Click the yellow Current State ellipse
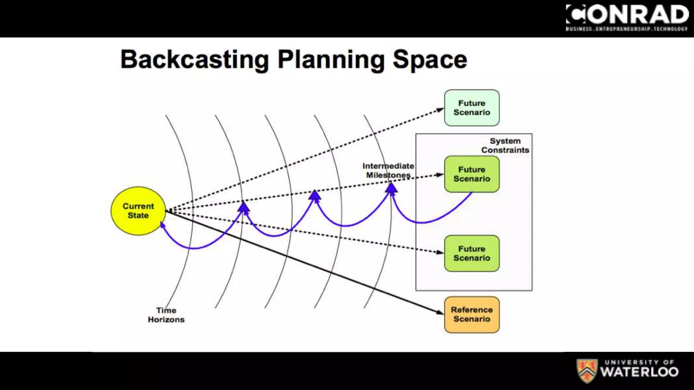[x=138, y=211]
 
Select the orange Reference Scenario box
[x=472, y=315]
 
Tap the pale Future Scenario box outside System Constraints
[x=472, y=108]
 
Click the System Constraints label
[x=505, y=146]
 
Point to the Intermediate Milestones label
[x=388, y=171]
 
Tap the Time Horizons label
[x=166, y=315]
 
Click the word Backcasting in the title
[x=195, y=60]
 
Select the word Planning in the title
[x=331, y=60]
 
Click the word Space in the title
[x=430, y=60]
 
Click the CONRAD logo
[x=627, y=15]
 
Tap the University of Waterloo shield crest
[x=587, y=371]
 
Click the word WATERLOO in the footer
[x=639, y=372]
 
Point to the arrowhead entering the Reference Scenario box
[x=440, y=312]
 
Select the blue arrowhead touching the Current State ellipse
[x=162, y=225]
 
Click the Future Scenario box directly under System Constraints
[x=472, y=174]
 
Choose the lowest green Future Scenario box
[x=472, y=253]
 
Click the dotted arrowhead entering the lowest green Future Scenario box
[x=440, y=252]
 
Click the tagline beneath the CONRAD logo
[x=627, y=29]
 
